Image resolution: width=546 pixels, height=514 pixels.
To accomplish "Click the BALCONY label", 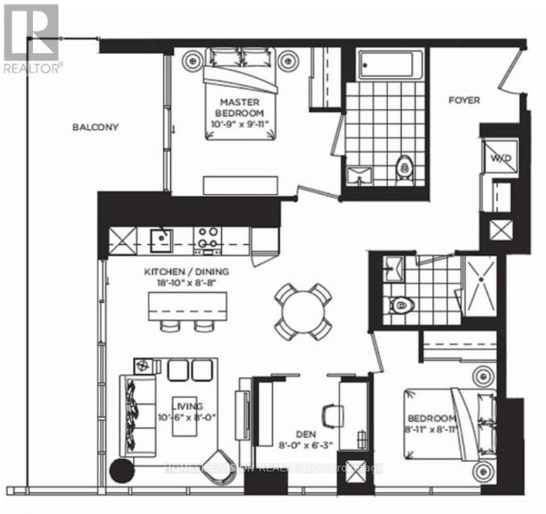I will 95,127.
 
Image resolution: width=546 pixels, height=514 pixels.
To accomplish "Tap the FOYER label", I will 464,101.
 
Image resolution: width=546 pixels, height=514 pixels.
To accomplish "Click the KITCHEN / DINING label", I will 188,272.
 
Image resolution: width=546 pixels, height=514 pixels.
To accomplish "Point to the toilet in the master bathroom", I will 404,168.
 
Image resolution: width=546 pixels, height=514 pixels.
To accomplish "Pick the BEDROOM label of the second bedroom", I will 432,419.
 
